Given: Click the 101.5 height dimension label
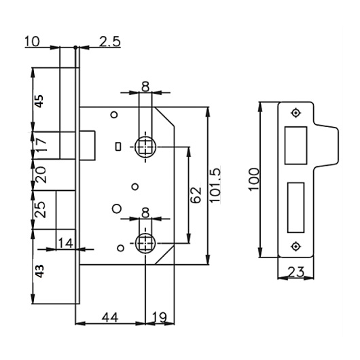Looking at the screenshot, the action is click(215, 185).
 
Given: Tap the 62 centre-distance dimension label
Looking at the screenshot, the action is click(196, 195).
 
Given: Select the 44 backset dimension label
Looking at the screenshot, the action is click(110, 317).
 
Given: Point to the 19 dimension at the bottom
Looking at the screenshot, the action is click(160, 317).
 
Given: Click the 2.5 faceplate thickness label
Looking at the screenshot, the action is click(110, 42).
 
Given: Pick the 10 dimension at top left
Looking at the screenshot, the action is click(32, 41).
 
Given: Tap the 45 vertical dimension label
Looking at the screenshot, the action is click(39, 101).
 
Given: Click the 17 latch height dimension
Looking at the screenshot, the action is click(41, 145).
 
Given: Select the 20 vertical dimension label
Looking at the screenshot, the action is click(41, 175).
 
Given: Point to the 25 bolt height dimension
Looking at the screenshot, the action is click(40, 209).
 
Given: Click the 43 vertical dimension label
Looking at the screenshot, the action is click(39, 271).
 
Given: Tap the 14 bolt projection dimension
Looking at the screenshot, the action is click(65, 243).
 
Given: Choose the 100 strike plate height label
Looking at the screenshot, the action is click(254, 179).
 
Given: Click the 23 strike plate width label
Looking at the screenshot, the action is click(296, 272).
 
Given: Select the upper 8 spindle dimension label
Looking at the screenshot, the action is click(145, 87).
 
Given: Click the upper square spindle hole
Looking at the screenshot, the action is click(145, 147).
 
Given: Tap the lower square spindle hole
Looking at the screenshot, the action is click(145, 243).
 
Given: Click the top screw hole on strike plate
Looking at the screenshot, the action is click(295, 113).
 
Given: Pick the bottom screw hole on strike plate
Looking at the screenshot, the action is click(295, 247).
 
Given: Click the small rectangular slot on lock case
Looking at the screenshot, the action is click(118, 147).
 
